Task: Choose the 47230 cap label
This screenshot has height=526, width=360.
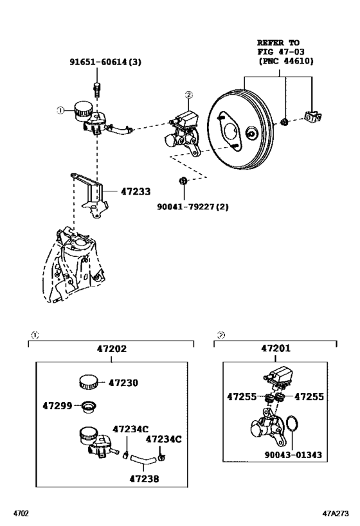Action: pos(123,383)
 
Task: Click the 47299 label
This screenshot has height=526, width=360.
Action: pos(58,406)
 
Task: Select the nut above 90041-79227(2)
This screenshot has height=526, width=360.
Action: pos(183,182)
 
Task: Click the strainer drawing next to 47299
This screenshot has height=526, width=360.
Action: pos(86,406)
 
